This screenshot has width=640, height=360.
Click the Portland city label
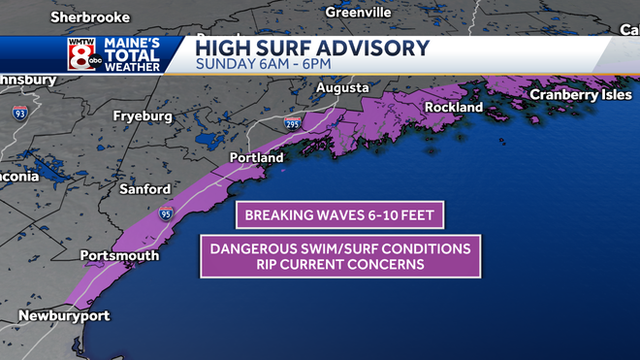point(256,157)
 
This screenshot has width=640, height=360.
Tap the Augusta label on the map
point(341,87)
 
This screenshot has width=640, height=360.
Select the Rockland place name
point(454,108)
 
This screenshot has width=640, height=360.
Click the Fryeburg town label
point(143,115)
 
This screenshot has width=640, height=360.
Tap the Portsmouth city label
point(118,255)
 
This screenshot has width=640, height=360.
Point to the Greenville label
point(358,12)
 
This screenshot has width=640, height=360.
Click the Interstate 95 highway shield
point(166,213)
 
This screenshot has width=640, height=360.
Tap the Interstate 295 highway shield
point(294,124)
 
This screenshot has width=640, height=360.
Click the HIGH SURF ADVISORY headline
point(312,47)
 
